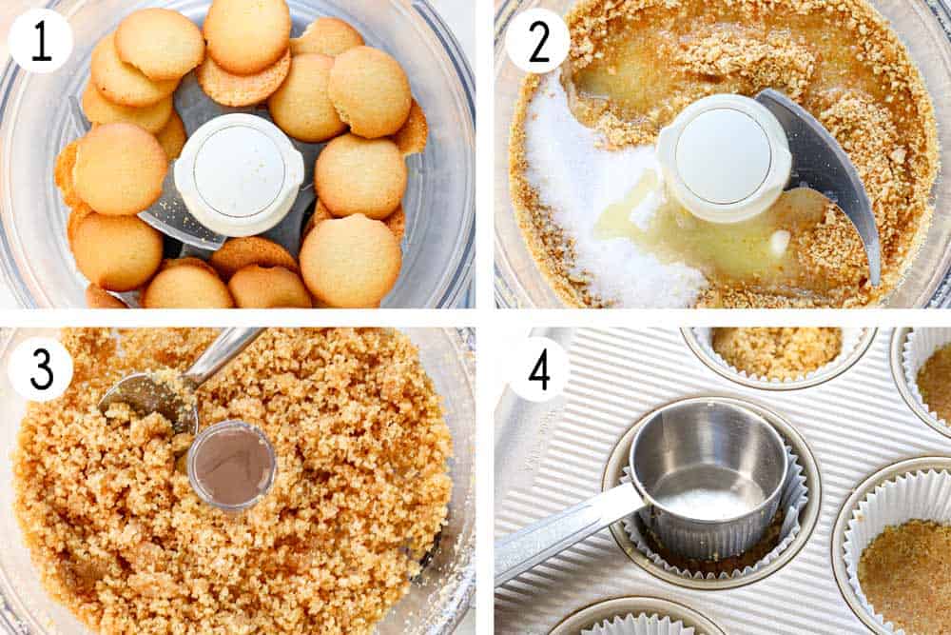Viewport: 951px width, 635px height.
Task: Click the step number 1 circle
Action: (x=41, y=41)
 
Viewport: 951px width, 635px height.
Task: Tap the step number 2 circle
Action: (x=537, y=41)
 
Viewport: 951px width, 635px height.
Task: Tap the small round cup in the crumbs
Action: (x=231, y=465)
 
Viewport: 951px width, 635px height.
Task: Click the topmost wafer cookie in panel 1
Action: (x=247, y=33)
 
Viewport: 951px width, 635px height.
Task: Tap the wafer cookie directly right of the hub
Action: (x=360, y=175)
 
